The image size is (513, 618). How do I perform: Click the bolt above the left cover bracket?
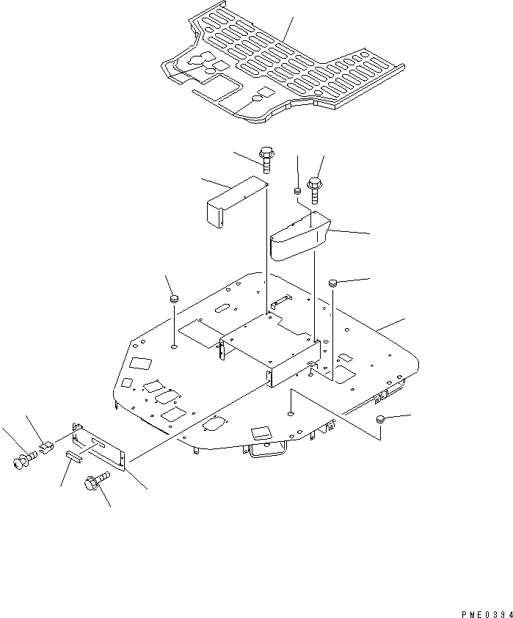pos(266,159)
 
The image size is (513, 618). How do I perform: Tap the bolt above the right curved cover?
pos(315,187)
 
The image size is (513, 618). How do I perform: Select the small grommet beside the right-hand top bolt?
pos(298,192)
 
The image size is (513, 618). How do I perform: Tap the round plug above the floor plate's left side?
pos(175,299)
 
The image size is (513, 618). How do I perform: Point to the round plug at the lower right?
pos(380,420)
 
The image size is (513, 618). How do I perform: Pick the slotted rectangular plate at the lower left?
pos(101,446)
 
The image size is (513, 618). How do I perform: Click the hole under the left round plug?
pos(174,345)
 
